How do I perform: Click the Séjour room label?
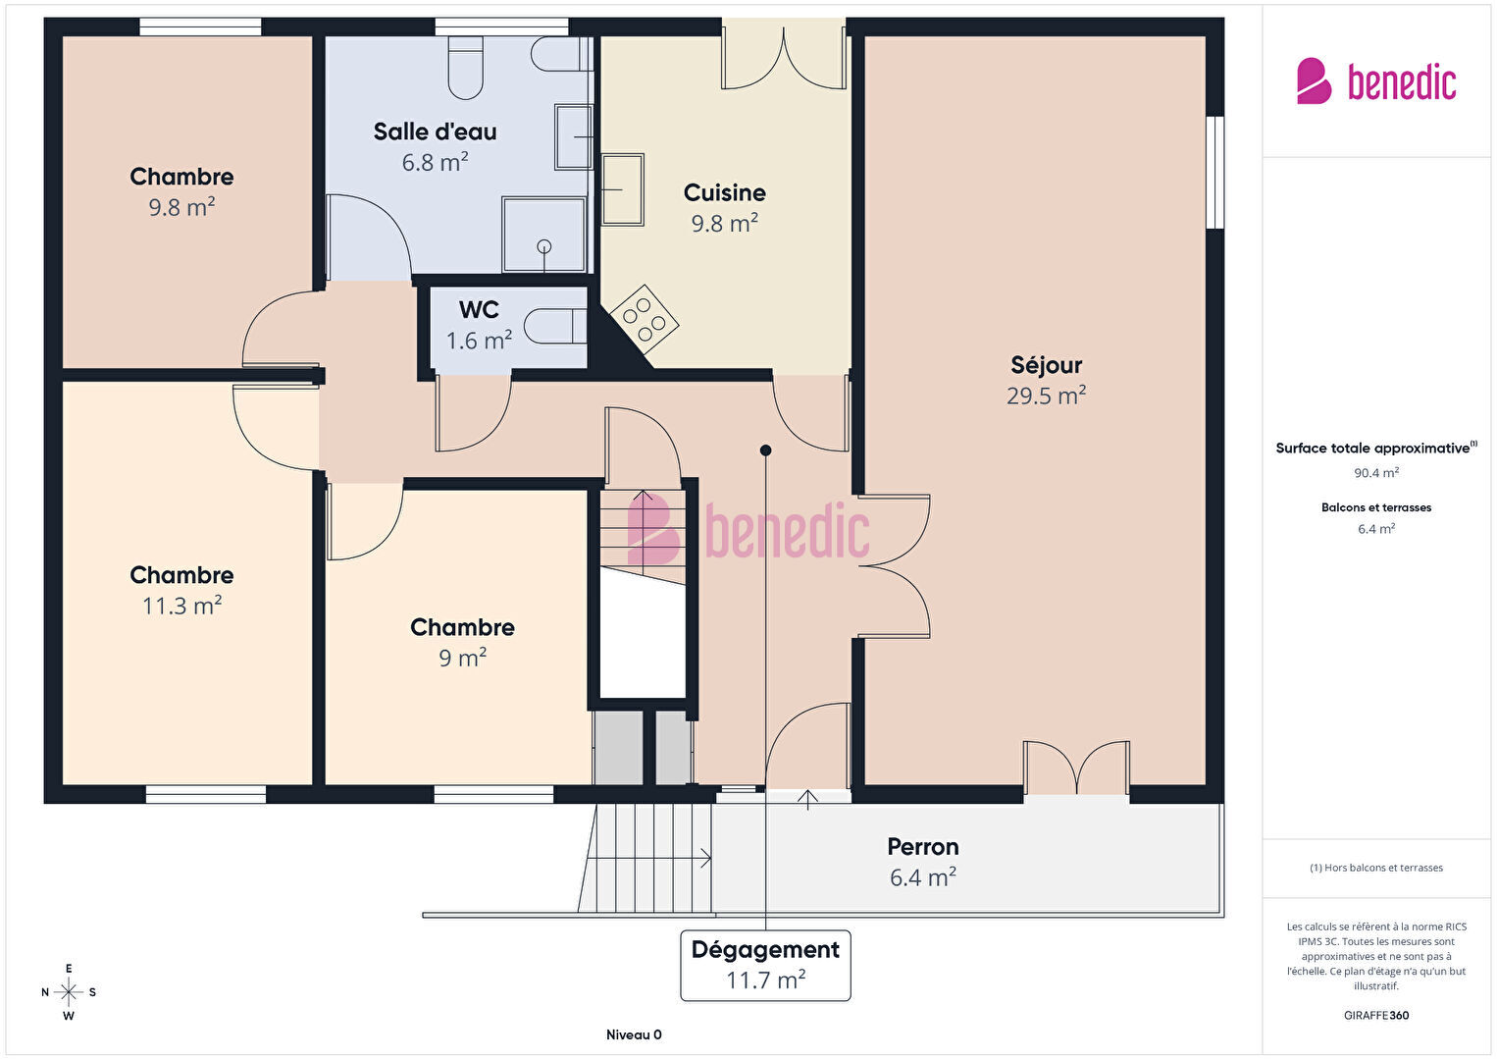click(x=1046, y=365)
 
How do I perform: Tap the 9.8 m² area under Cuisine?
click(x=724, y=224)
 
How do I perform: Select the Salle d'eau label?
click(x=435, y=132)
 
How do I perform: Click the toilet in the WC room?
click(x=555, y=326)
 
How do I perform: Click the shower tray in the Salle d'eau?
click(x=544, y=234)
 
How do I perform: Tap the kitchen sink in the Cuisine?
click(x=623, y=189)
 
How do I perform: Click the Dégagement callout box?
click(x=765, y=966)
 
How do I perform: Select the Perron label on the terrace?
click(x=923, y=847)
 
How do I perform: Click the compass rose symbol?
click(x=69, y=992)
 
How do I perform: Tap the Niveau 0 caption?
click(x=634, y=1034)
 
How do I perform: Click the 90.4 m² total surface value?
click(x=1376, y=473)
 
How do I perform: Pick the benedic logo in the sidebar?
click(x=1376, y=80)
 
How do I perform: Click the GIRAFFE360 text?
click(x=1376, y=1015)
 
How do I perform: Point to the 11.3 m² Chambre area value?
click(x=181, y=606)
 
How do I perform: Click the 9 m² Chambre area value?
click(x=462, y=658)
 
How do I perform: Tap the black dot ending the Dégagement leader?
click(x=766, y=450)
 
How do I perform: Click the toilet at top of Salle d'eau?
click(x=465, y=68)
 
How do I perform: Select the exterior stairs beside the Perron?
click(x=645, y=858)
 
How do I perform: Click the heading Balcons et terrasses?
click(x=1376, y=507)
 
